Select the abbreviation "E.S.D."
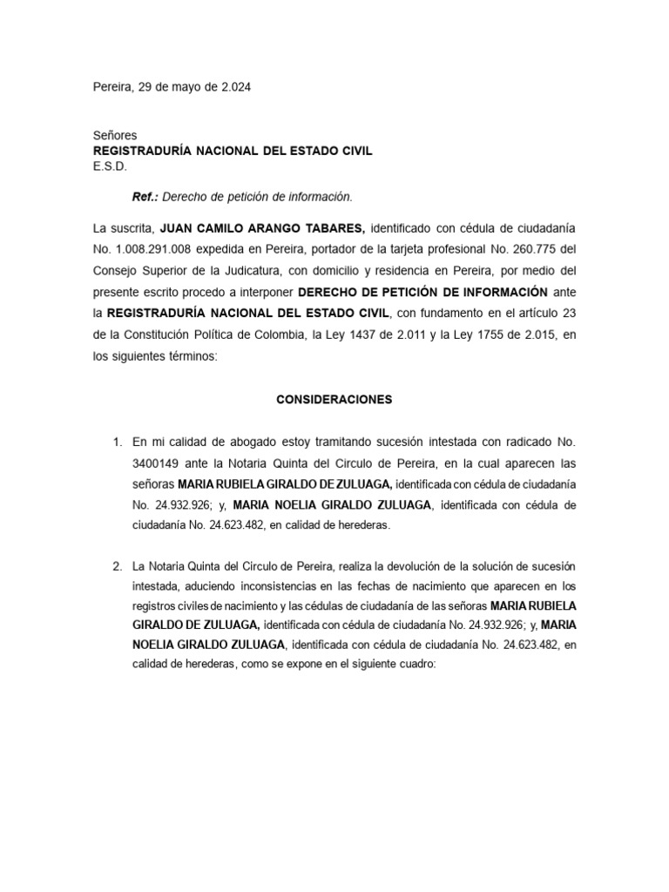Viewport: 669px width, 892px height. [x=110, y=166]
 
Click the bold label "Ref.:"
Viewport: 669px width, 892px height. [x=145, y=197]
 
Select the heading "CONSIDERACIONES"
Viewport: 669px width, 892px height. [x=334, y=400]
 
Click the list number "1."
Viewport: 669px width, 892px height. [x=118, y=442]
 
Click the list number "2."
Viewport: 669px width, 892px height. [x=118, y=565]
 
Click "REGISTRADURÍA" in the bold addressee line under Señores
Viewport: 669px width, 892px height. [x=142, y=151]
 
